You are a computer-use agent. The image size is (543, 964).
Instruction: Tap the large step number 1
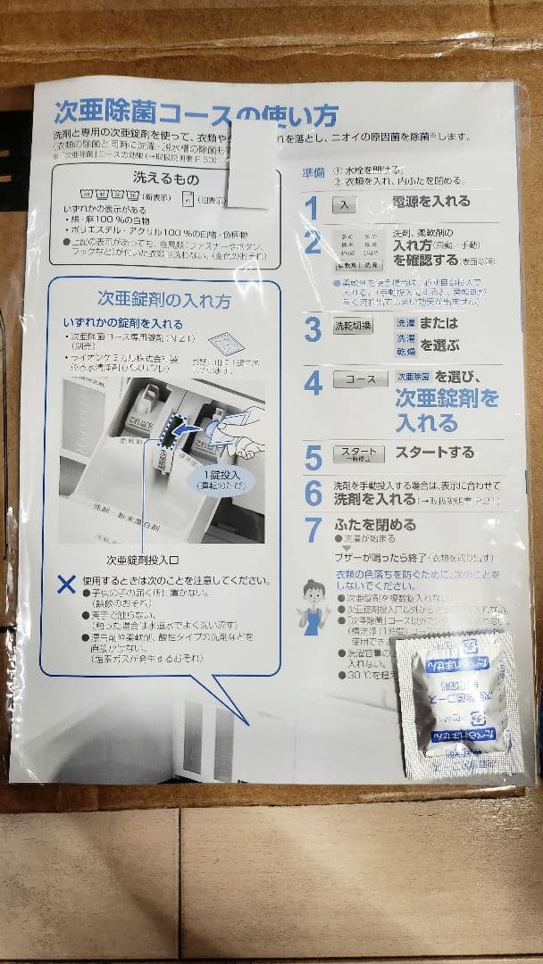click(x=311, y=208)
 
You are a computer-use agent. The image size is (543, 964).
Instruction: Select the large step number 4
click(x=313, y=384)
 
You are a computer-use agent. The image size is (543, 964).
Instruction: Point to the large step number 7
click(x=313, y=529)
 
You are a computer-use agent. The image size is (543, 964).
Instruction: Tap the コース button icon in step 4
click(x=360, y=379)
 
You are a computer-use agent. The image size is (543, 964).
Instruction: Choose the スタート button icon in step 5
click(x=358, y=454)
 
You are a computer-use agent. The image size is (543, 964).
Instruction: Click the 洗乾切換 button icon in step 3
click(x=354, y=325)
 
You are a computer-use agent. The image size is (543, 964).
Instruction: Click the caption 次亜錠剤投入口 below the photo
click(x=142, y=561)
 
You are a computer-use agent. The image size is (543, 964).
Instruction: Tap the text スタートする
click(x=434, y=453)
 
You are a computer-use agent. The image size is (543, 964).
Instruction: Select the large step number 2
click(x=313, y=242)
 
